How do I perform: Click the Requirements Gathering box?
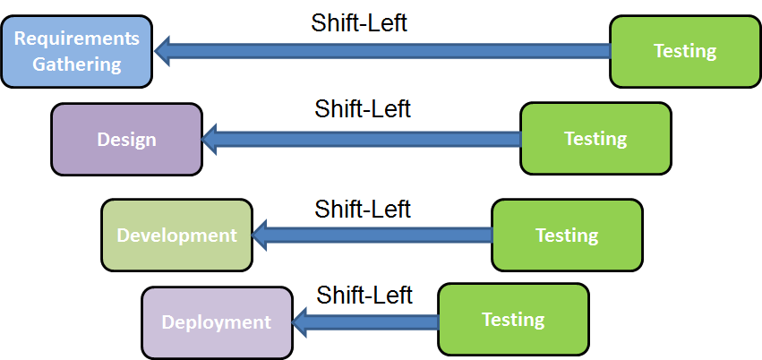(76, 51)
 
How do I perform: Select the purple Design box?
(126, 139)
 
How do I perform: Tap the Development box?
(176, 236)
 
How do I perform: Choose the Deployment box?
(217, 322)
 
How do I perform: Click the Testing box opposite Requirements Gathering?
(685, 51)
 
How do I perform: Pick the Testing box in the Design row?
(595, 139)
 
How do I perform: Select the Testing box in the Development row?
(567, 236)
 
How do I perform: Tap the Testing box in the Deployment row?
(513, 320)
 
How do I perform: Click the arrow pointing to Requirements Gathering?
(385, 51)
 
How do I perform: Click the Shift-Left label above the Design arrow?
(363, 109)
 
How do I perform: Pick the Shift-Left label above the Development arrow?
(363, 209)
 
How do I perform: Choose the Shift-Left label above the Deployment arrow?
(364, 295)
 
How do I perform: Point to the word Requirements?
(76, 39)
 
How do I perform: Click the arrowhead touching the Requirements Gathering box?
(163, 51)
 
